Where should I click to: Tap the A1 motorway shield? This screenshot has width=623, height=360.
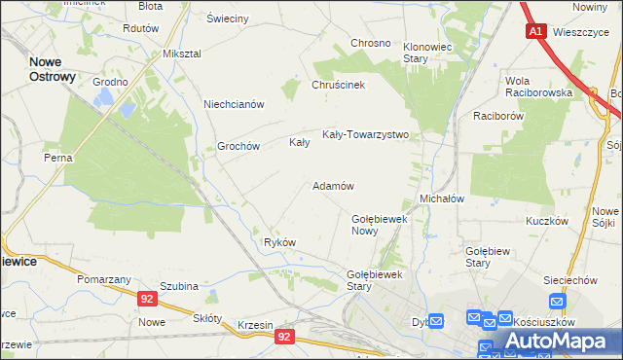[536, 31]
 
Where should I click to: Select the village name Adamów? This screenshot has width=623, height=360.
[332, 186]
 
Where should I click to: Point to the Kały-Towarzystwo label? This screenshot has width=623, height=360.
[365, 135]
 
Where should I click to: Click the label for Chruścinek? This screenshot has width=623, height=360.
[338, 85]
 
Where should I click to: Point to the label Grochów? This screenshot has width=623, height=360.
[238, 146]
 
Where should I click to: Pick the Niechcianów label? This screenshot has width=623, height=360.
[234, 104]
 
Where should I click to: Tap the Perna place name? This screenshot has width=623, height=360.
[57, 157]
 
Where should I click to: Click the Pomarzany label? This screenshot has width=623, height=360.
[104, 279]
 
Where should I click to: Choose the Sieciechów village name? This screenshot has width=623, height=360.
[568, 279]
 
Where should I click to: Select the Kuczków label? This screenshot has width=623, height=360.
[546, 221]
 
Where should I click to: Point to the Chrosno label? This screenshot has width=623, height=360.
[370, 44]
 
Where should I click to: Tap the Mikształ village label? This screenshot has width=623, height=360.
[182, 54]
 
